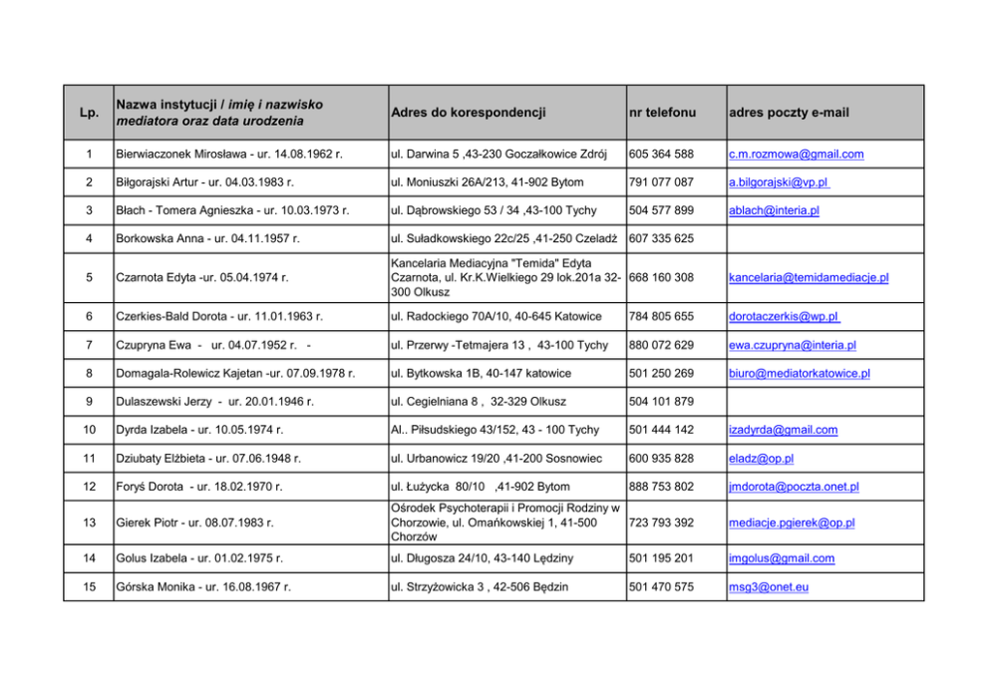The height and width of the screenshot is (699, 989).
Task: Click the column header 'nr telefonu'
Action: click(662, 113)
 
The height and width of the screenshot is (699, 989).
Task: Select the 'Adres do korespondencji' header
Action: click(469, 113)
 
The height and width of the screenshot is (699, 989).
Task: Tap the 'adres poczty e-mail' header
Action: click(789, 113)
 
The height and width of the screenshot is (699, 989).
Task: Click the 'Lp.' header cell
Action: click(89, 113)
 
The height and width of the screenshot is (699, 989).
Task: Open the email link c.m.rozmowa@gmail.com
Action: click(796, 155)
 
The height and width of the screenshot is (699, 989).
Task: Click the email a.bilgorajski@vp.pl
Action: click(779, 182)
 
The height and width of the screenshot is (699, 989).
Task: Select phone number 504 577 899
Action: click(661, 210)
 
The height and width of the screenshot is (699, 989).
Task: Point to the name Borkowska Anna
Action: click(151, 238)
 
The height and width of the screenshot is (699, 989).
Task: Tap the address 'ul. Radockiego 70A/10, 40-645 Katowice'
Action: click(496, 317)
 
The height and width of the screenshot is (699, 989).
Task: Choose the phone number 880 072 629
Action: click(661, 345)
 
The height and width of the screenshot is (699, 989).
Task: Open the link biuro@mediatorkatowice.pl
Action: click(799, 373)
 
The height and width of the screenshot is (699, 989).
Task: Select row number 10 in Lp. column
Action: click(89, 430)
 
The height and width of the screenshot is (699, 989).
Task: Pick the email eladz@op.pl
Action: click(761, 458)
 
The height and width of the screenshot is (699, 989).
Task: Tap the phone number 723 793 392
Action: click(661, 523)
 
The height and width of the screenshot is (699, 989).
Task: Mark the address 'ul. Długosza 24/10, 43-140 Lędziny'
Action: click(488, 558)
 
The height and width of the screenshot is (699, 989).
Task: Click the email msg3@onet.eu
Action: click(769, 586)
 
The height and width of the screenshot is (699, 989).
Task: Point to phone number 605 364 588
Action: click(661, 155)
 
